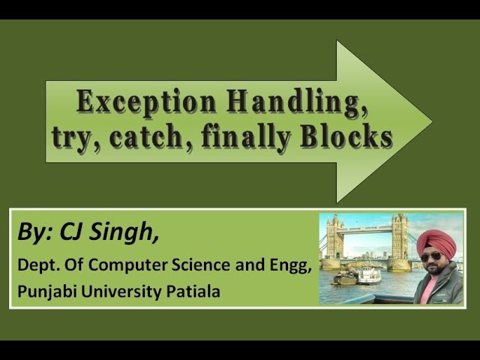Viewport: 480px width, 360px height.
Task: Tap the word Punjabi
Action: pos(43,291)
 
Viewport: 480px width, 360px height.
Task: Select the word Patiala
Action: pos(195,291)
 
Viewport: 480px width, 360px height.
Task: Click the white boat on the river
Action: pos(368,276)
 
